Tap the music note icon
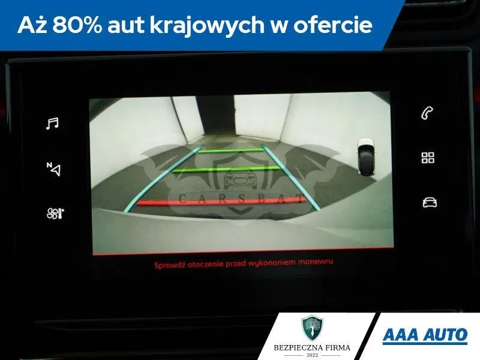pyautogui.click(x=52, y=124)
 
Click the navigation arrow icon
pyautogui.click(x=54, y=169)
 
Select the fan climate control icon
pyautogui.click(x=55, y=214)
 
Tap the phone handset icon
pyautogui.click(x=427, y=113)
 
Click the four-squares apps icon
pyautogui.click(x=428, y=158)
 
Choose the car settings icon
pyautogui.click(x=430, y=202)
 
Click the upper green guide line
pyautogui.click(x=231, y=151)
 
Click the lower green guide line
pyautogui.click(x=226, y=169)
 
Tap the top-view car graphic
pyautogui.click(x=367, y=157)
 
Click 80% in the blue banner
pyautogui.click(x=77, y=25)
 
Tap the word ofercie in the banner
pyautogui.click(x=333, y=25)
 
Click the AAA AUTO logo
pyautogui.click(x=425, y=335)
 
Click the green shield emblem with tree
pyautogui.click(x=312, y=328)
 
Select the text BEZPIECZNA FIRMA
pyautogui.click(x=312, y=348)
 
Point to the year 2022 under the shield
pyautogui.click(x=312, y=355)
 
